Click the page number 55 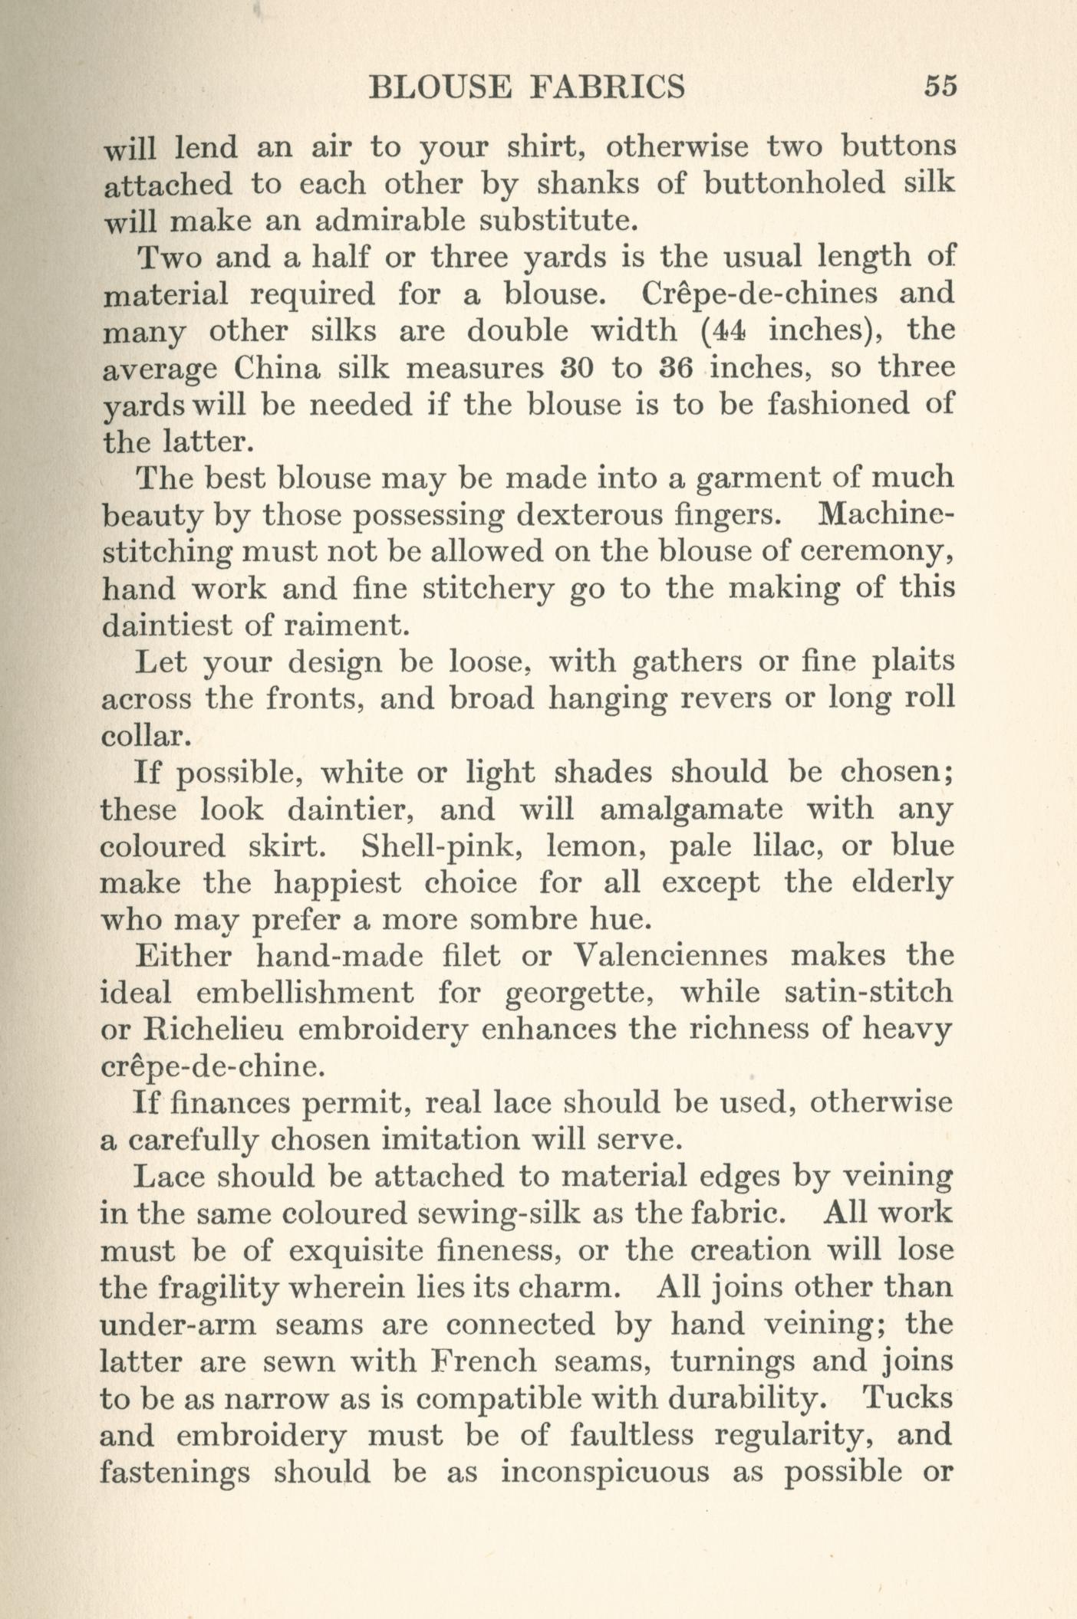pos(940,86)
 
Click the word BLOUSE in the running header pos(440,87)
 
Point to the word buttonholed pos(795,183)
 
